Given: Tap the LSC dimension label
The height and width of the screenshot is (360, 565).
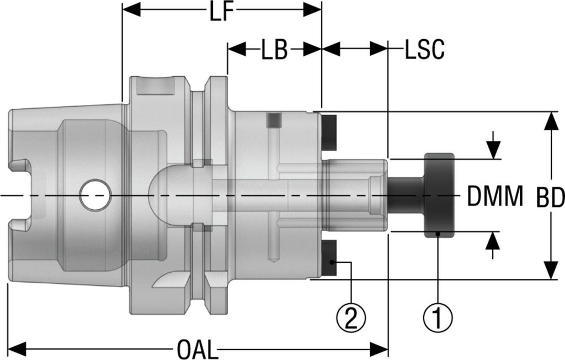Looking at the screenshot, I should (424, 50).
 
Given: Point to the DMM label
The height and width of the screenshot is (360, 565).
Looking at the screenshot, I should (494, 197).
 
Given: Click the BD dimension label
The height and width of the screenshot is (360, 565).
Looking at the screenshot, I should (550, 197).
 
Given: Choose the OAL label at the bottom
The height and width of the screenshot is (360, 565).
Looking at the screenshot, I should (197, 350).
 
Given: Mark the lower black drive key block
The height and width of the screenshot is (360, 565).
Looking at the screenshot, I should (330, 259).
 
